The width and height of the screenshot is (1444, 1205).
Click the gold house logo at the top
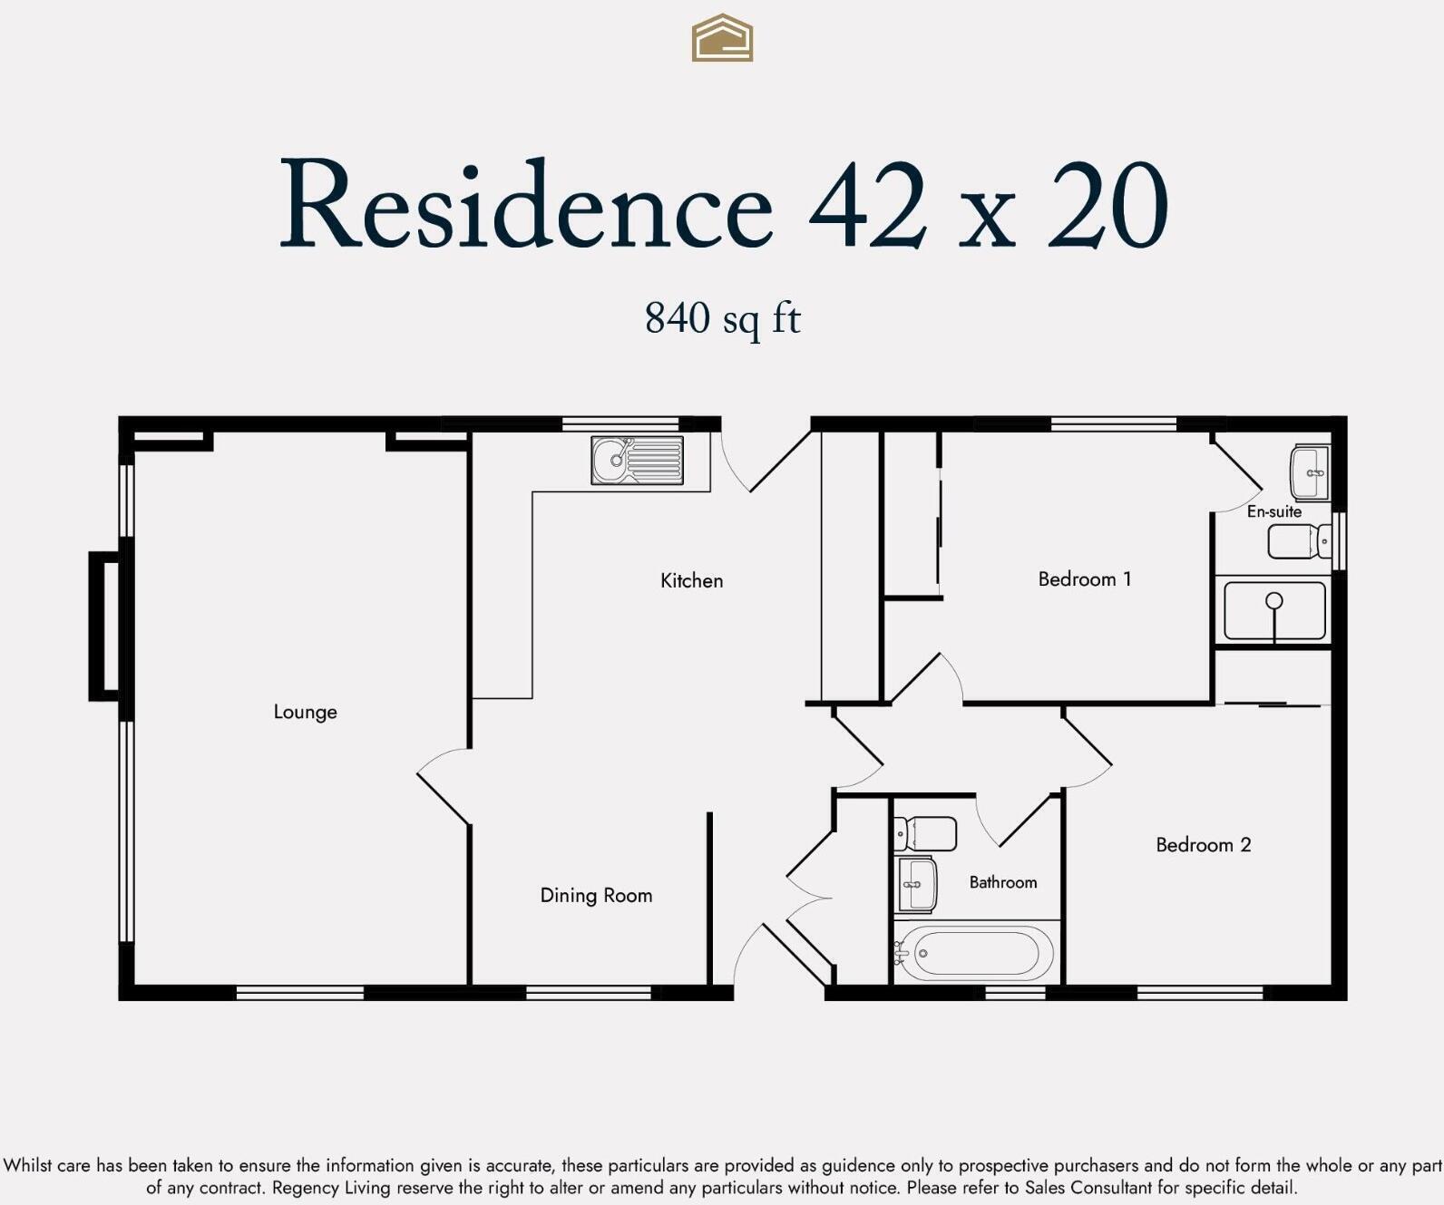pyautogui.click(x=722, y=38)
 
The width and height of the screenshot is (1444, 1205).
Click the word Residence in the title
pyautogui.click(x=526, y=206)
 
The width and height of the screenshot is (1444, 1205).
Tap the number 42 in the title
pyautogui.click(x=868, y=206)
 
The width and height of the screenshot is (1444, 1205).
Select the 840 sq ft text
pyautogui.click(x=722, y=318)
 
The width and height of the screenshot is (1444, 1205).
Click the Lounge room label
pyautogui.click(x=305, y=713)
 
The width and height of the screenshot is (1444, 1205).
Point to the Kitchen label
pyautogui.click(x=691, y=581)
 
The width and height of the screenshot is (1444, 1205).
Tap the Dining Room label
pyautogui.click(x=596, y=896)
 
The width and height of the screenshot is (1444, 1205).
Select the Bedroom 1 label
pyautogui.click(x=1084, y=579)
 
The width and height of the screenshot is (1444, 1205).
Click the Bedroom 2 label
pyautogui.click(x=1203, y=845)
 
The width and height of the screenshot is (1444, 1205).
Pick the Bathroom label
pyautogui.click(x=1002, y=882)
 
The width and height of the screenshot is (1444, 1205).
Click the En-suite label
pyautogui.click(x=1273, y=512)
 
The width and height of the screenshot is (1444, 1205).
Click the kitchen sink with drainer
pyautogui.click(x=637, y=461)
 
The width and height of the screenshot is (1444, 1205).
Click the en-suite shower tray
pyautogui.click(x=1273, y=611)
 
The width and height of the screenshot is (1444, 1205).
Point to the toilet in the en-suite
pyautogui.click(x=1299, y=542)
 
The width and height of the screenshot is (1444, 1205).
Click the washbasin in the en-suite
pyautogui.click(x=1310, y=472)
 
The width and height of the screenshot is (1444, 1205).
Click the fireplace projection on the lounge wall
pyautogui.click(x=103, y=626)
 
